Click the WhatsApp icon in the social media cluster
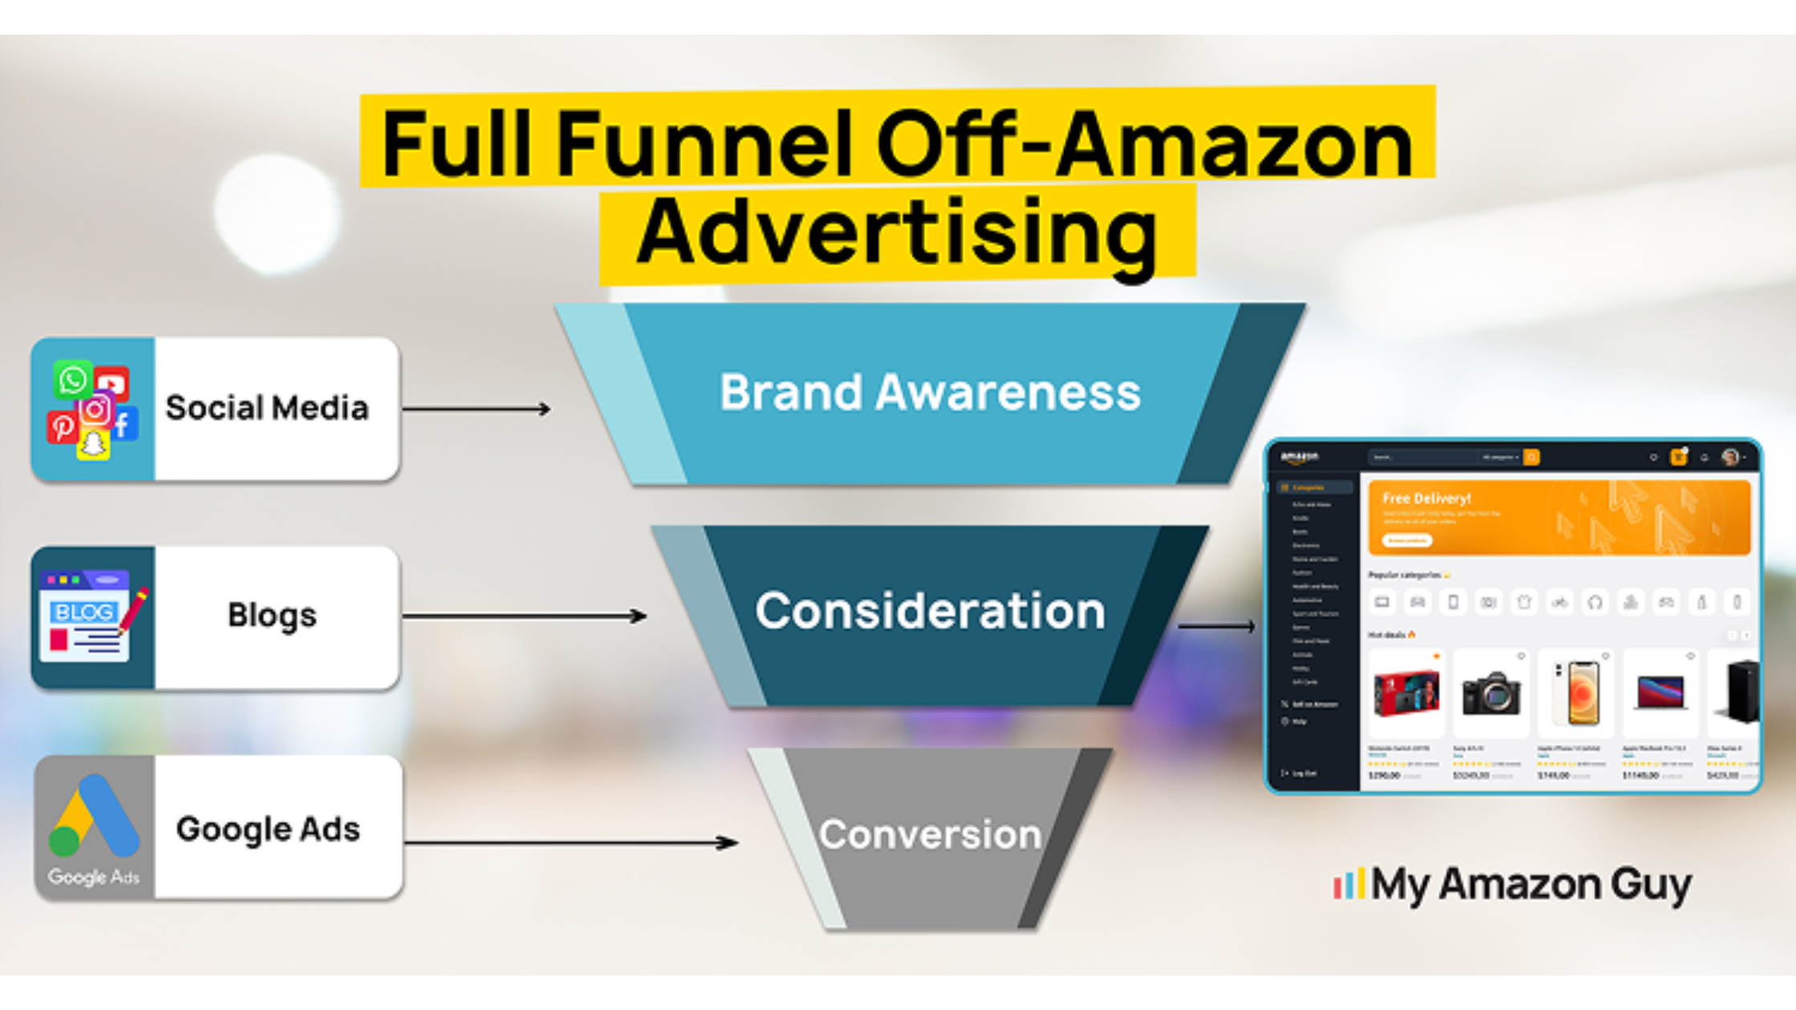[x=72, y=379]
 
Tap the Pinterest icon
[x=62, y=426]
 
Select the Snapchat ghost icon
[x=93, y=443]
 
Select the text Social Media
[x=267, y=408]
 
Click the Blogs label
[x=272, y=616]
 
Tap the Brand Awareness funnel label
[x=930, y=393]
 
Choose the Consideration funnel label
[x=930, y=611]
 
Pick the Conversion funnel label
[x=930, y=834]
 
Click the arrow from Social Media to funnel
[x=476, y=409]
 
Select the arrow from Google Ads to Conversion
[x=571, y=842]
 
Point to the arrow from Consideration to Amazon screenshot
[x=1216, y=626]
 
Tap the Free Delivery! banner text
[x=1426, y=499]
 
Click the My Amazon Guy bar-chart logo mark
[x=1349, y=884]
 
